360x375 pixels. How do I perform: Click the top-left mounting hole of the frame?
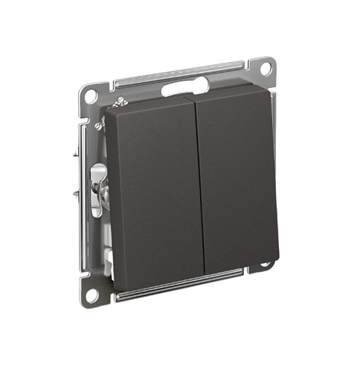[x=91, y=96]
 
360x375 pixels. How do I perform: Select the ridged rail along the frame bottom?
[x=182, y=286]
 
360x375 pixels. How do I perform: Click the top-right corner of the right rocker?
[x=270, y=95]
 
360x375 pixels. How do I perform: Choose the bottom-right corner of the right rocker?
[x=277, y=261]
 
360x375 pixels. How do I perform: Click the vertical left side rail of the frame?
[x=82, y=189]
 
